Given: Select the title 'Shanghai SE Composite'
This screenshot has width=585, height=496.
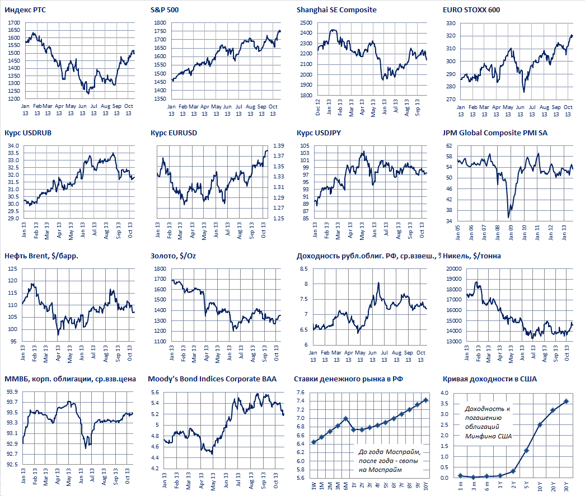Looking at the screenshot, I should (x=336, y=10).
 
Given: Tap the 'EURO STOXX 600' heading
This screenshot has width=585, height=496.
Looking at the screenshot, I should (x=471, y=10).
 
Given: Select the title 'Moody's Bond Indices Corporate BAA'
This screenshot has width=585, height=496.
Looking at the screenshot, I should (x=212, y=379).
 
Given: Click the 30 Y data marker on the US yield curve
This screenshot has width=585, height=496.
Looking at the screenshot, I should (x=565, y=401).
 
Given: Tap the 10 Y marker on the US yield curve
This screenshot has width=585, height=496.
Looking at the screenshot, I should (x=540, y=425).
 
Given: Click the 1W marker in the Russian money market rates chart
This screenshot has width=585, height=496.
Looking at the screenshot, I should (x=313, y=442).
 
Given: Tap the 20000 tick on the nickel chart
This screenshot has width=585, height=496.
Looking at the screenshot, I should (x=452, y=269).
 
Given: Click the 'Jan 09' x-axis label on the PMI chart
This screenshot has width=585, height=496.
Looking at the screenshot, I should (x=510, y=231).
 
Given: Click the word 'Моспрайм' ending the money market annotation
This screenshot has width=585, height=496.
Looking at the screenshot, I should (x=394, y=469).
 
